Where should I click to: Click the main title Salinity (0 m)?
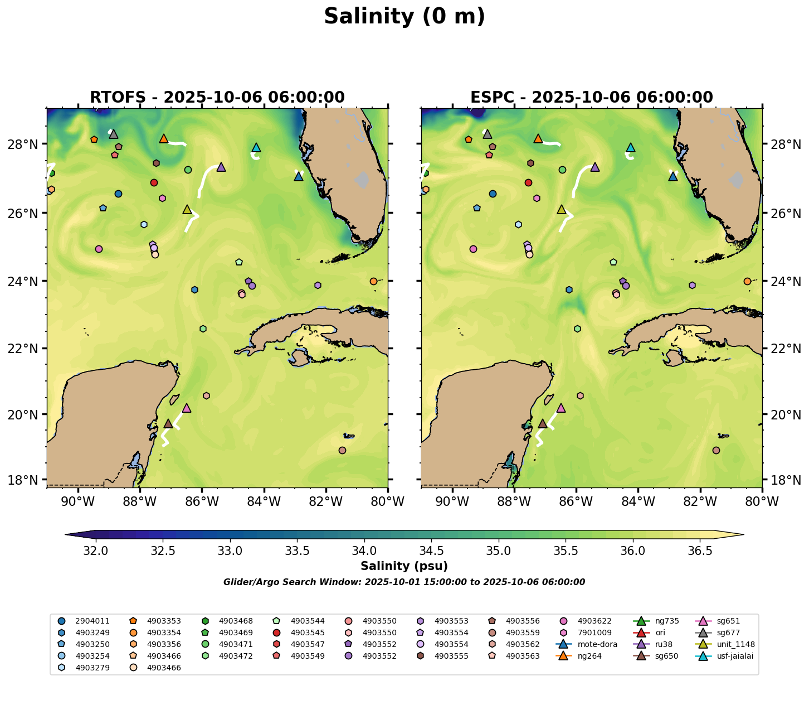pyautogui.click(x=405, y=17)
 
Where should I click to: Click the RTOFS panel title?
pyautogui.click(x=217, y=98)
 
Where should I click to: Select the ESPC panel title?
pyautogui.click(x=592, y=98)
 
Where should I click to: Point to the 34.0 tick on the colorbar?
pyautogui.click(x=364, y=551)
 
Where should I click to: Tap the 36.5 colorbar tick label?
pyautogui.click(x=700, y=551)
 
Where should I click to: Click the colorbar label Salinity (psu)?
pyautogui.click(x=404, y=567)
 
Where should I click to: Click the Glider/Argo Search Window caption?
pyautogui.click(x=404, y=582)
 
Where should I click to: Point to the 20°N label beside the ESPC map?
pyautogui.click(x=785, y=415)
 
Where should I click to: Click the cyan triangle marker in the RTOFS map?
pyautogui.click(x=256, y=148)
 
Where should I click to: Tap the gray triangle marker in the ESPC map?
pyautogui.click(x=488, y=134)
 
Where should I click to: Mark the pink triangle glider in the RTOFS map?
pyautogui.click(x=187, y=408)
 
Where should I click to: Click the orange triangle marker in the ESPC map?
pyautogui.click(x=538, y=139)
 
